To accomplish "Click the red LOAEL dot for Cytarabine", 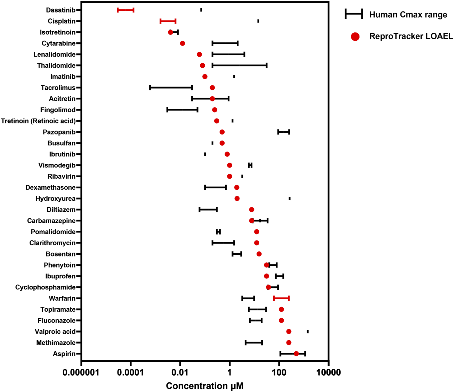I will point(183,43).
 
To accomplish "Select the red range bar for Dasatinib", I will point(125,10).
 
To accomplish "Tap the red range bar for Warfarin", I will point(281,298).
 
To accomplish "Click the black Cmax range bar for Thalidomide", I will point(240,66).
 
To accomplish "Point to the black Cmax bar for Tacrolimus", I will point(171,88).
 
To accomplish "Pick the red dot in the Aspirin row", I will point(296,354).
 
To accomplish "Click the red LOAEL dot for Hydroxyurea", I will point(237,198).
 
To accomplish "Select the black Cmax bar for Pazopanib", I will point(284,132).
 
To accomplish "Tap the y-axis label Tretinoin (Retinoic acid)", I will point(38,121).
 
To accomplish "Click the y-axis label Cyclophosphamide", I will point(46,287).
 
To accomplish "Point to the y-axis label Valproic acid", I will point(55,332).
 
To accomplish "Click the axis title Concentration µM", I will point(204,386).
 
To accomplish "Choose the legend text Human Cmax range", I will point(408,15).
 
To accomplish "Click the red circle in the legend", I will point(355,36).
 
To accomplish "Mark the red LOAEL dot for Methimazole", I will point(289,343).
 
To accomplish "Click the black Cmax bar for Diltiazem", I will point(208,210).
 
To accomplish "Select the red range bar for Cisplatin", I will point(168,21).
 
